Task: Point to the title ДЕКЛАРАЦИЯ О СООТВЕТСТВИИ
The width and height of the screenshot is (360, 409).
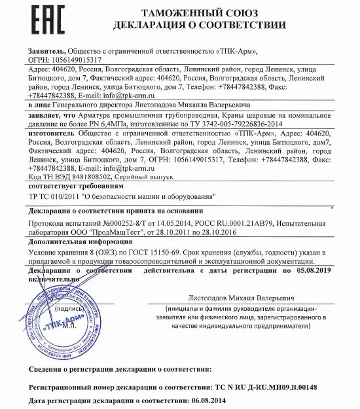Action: [200, 26]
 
